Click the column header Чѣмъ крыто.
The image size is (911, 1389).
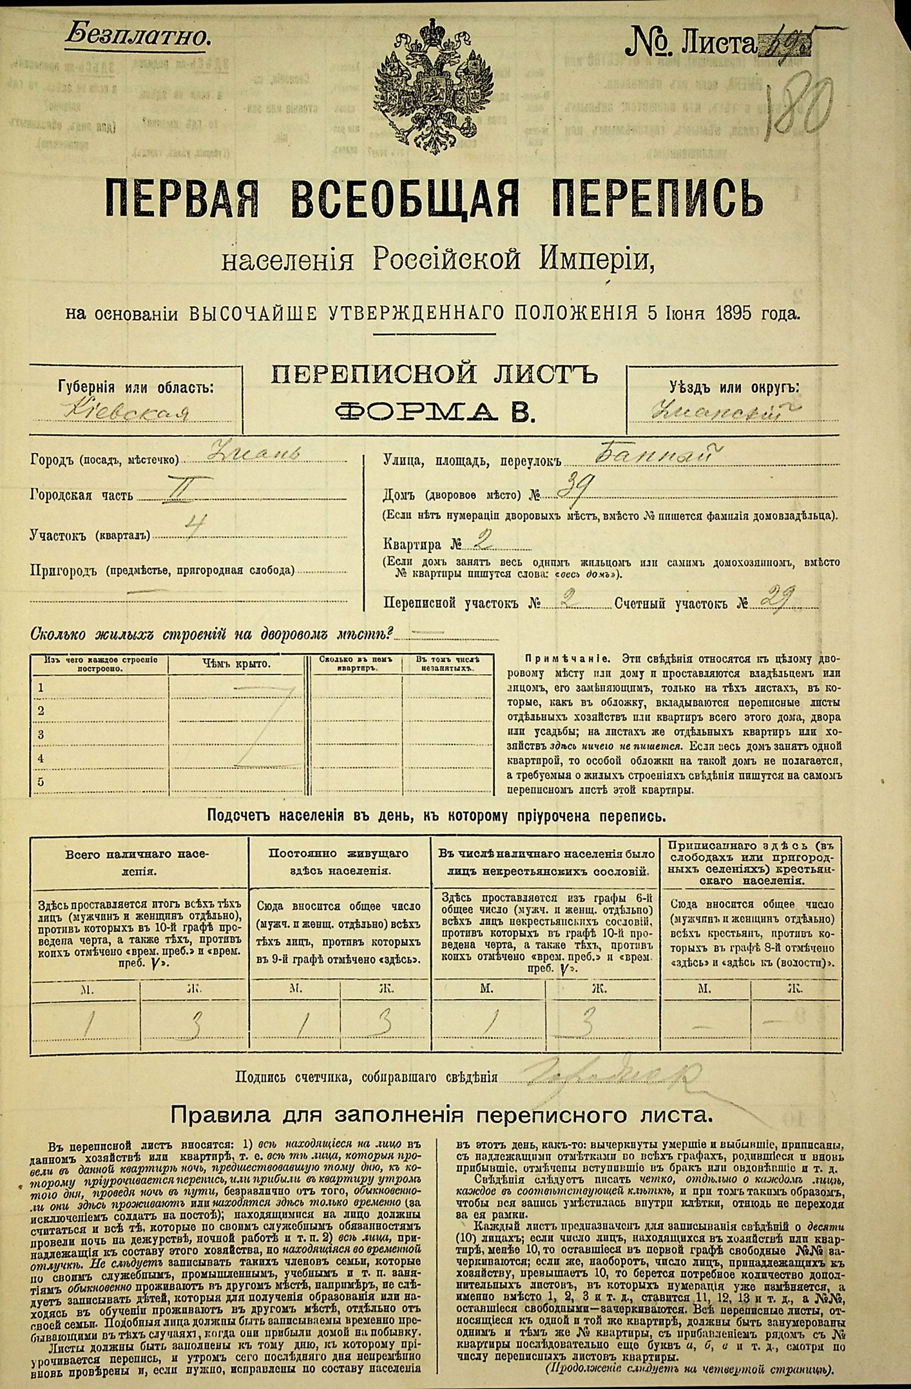[x=236, y=664]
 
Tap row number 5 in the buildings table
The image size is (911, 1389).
[x=41, y=782]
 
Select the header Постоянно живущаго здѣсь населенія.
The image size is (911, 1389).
[x=338, y=861]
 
